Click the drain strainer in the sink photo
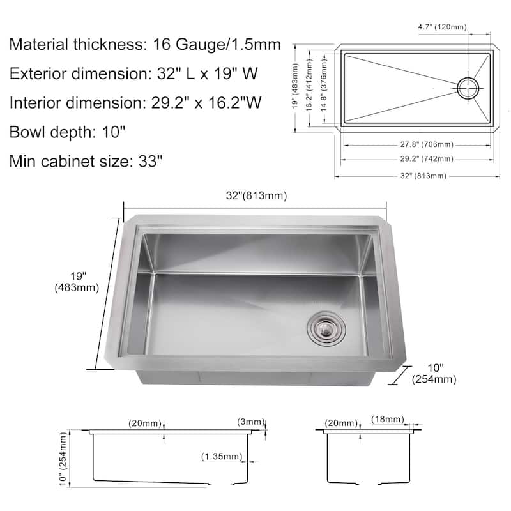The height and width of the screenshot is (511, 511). [326, 328]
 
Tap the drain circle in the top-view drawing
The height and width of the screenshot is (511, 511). [468, 88]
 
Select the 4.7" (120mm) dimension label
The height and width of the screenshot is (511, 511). [442, 27]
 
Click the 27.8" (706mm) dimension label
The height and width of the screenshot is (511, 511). [427, 144]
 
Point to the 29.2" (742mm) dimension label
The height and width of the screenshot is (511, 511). [427, 158]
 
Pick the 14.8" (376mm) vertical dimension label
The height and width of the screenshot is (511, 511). [324, 86]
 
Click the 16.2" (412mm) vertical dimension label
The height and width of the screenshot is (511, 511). [309, 85]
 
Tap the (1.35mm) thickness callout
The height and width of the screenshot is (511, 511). [222, 457]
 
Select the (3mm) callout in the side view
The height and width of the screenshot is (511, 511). [250, 422]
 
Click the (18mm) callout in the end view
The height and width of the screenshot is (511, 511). [388, 419]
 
